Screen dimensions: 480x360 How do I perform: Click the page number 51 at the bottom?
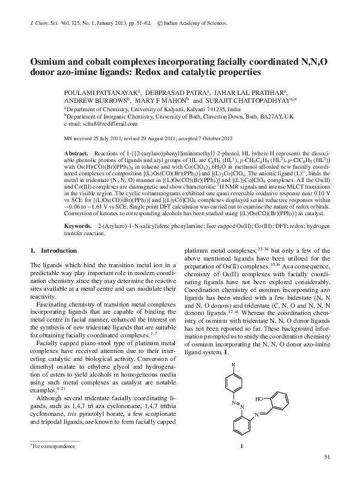pos(327,456)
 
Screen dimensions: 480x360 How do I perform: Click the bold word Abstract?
pos(76,154)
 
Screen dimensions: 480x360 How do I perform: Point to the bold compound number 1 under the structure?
pos(241,447)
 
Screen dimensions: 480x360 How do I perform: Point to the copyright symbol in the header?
pos(160,23)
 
